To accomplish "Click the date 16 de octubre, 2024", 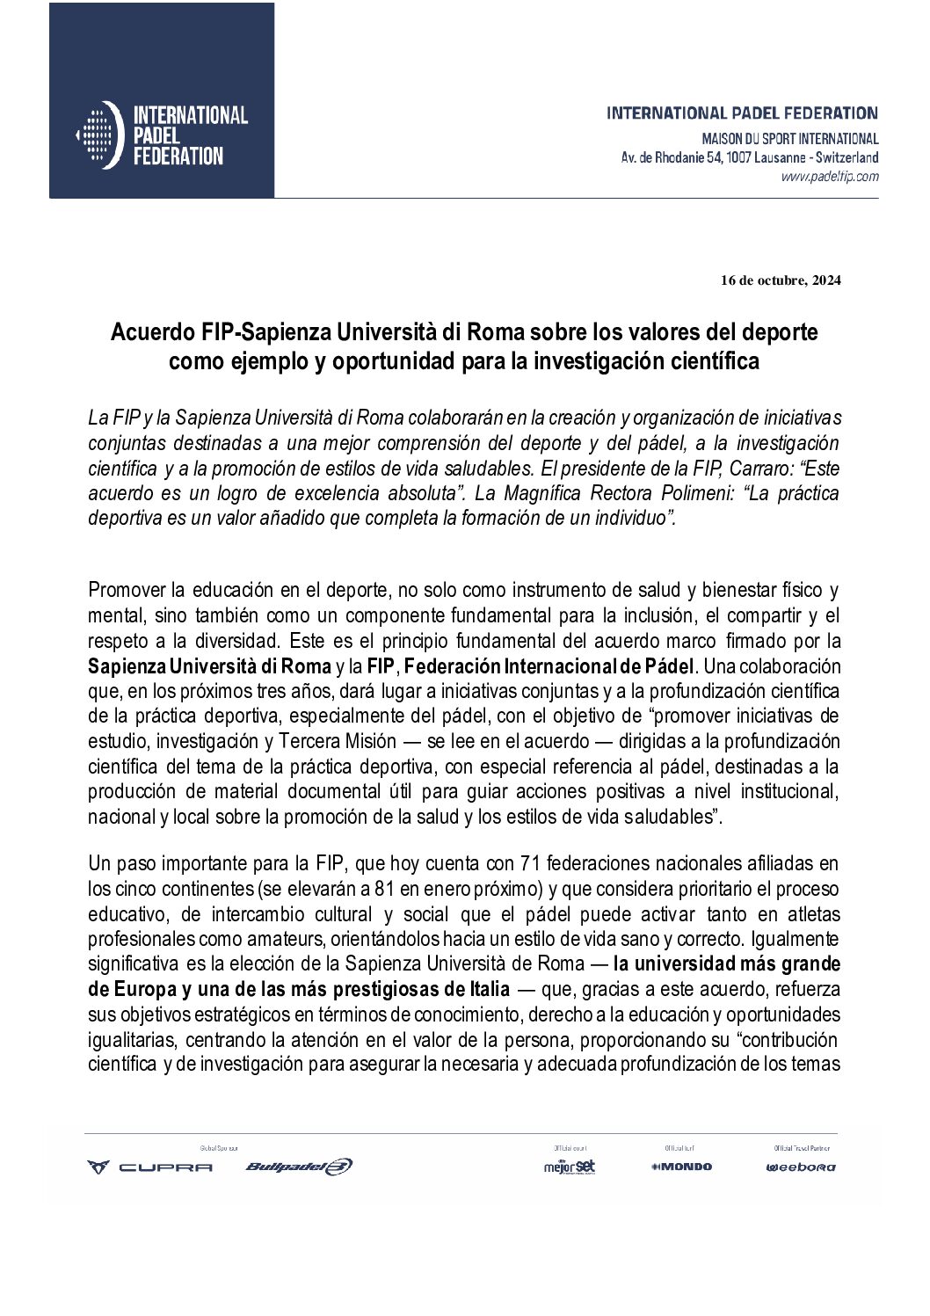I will click(780, 281).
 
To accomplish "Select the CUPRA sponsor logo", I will click(149, 1167).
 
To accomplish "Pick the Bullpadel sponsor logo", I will click(299, 1167).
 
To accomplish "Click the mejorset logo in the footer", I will click(570, 1167).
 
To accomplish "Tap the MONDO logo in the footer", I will click(681, 1167).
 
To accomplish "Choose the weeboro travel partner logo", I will click(800, 1167).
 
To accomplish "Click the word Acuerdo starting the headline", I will click(144, 334).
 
